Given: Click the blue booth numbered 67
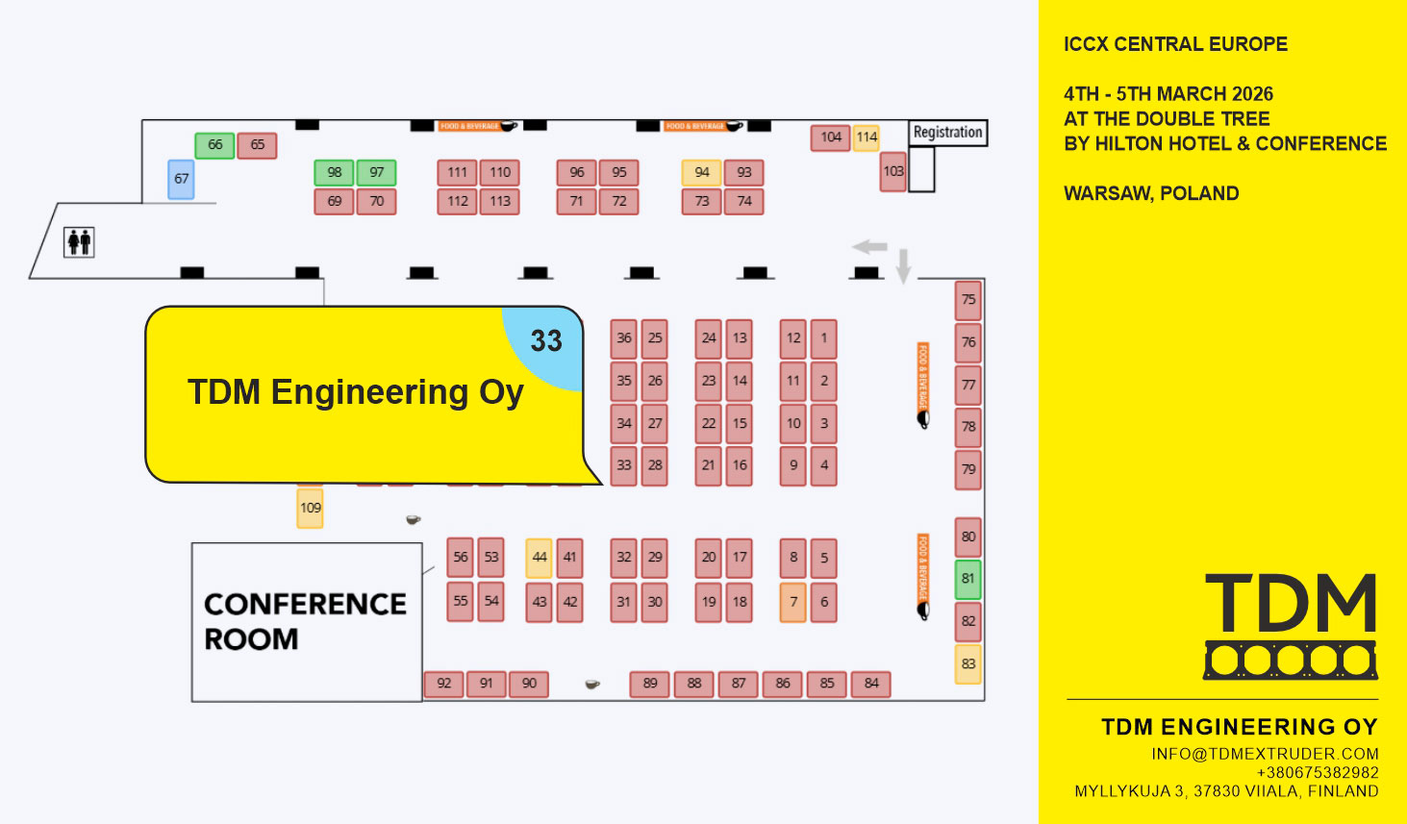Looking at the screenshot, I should [x=181, y=179].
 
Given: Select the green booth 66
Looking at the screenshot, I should [x=214, y=145].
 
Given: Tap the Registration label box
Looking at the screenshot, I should [x=947, y=133].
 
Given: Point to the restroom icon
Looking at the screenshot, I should [x=79, y=241].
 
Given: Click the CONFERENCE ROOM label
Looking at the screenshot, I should [x=305, y=620].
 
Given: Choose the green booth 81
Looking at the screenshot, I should [x=967, y=579].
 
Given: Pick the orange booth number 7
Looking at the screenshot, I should [x=792, y=602].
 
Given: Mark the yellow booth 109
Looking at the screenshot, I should [x=310, y=508].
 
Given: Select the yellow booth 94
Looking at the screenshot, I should [x=701, y=172].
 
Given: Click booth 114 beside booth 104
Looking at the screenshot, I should [x=867, y=137].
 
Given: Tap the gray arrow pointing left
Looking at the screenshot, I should [x=869, y=247].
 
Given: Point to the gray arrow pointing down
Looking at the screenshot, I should [x=903, y=265].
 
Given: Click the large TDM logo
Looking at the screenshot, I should [x=1291, y=625].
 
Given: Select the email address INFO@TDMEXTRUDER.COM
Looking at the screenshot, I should [x=1265, y=754].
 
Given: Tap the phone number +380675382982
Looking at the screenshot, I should [x=1317, y=772].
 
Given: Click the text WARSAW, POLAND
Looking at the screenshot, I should [x=1151, y=193].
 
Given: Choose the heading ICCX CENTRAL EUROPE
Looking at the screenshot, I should [x=1175, y=44].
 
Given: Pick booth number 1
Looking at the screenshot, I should [x=823, y=338].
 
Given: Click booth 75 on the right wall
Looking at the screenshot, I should [x=967, y=300].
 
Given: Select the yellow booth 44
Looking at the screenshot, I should [x=539, y=558].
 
